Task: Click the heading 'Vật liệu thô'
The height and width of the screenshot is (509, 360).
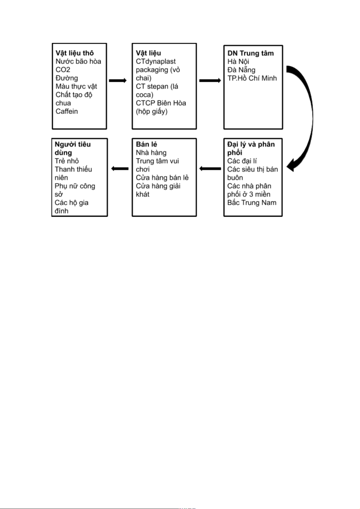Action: click(75, 53)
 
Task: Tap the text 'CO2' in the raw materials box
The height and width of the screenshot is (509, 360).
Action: click(63, 70)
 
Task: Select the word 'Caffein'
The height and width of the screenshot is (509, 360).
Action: click(66, 111)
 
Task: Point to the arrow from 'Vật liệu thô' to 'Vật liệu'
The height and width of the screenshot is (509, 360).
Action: click(118, 80)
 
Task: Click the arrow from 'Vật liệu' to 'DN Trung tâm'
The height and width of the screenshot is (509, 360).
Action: click(210, 80)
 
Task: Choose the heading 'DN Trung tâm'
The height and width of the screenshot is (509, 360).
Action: click(251, 53)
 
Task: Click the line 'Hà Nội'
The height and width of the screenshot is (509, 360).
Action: click(238, 62)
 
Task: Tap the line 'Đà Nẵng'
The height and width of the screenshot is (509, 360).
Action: click(241, 70)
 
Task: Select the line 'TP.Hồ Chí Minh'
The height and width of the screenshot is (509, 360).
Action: click(252, 78)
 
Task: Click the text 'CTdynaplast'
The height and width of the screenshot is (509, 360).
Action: click(156, 62)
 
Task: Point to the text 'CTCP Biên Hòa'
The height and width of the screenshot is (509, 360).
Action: click(161, 103)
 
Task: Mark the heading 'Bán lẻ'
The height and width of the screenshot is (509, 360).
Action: click(147, 144)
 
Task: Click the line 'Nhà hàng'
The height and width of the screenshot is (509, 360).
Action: click(151, 153)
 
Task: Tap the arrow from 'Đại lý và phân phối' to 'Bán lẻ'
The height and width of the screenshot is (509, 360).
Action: click(210, 169)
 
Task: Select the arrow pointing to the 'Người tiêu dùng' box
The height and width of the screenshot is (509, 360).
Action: click(120, 169)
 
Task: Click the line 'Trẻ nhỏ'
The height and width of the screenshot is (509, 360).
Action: click(66, 161)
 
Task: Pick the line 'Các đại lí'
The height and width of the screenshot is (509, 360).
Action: click(242, 161)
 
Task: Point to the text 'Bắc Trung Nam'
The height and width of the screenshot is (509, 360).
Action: click(252, 202)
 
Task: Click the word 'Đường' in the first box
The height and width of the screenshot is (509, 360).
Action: click(66, 78)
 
